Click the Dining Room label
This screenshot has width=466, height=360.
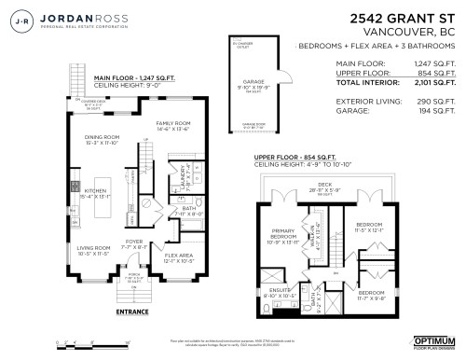click(103, 139)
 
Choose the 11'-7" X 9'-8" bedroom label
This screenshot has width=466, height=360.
click(370, 297)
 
